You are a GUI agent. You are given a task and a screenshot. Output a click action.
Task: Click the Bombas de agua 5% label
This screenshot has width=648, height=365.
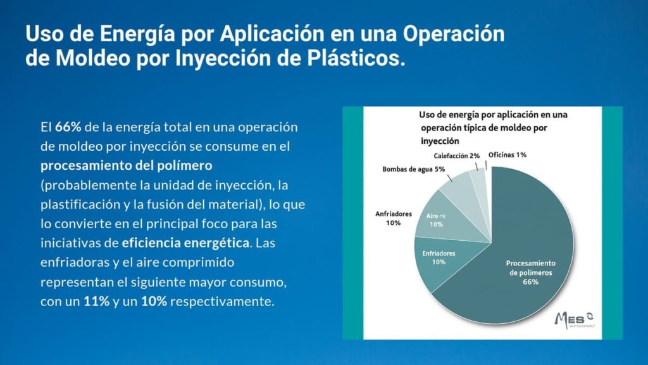(x=414, y=169)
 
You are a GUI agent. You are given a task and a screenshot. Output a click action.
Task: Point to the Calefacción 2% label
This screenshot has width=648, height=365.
(x=456, y=155)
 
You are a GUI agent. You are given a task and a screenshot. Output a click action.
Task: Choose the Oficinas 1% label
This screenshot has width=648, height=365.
(x=508, y=155)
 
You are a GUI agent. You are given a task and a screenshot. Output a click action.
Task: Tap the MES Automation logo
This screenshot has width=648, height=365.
(x=573, y=318)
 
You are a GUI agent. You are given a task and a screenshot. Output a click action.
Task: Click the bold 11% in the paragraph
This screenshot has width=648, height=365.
(x=96, y=301)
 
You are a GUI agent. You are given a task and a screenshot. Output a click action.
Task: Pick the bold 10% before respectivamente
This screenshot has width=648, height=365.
(x=154, y=301)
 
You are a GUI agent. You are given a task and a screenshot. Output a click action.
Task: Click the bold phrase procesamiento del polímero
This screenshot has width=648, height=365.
(x=126, y=166)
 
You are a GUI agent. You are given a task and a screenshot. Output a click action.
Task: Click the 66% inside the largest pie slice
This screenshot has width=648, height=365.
(x=530, y=282)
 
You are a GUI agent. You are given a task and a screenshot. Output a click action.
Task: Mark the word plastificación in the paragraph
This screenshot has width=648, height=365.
(x=78, y=205)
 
